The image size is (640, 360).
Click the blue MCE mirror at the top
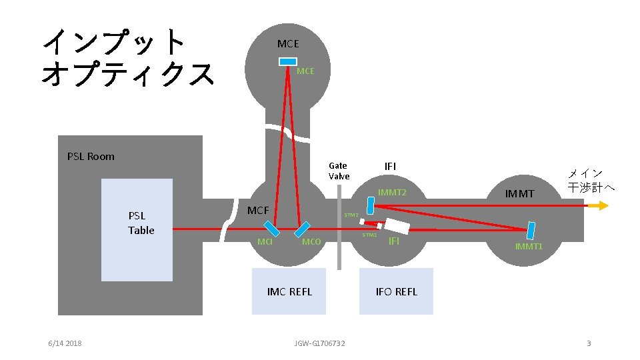(x=288, y=61)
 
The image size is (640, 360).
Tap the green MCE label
(x=305, y=71)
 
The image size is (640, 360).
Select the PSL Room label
(x=91, y=157)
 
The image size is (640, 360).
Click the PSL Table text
(x=141, y=223)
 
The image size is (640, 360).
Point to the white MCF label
(x=258, y=211)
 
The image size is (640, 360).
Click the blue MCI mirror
(x=271, y=228)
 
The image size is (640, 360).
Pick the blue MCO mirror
(x=303, y=229)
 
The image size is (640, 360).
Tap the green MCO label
(x=311, y=241)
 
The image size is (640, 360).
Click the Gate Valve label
(x=339, y=171)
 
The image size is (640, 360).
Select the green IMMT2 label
(x=392, y=193)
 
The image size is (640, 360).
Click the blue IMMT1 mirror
(x=532, y=230)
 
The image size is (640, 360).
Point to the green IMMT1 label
(x=529, y=247)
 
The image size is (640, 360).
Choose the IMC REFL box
(x=289, y=291)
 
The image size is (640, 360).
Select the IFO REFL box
(x=396, y=291)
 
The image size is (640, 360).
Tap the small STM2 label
(x=351, y=215)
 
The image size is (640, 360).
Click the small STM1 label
(x=369, y=235)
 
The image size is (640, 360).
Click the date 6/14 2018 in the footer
(x=65, y=343)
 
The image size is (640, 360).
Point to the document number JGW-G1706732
(x=320, y=343)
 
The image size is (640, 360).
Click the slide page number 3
(x=589, y=343)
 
